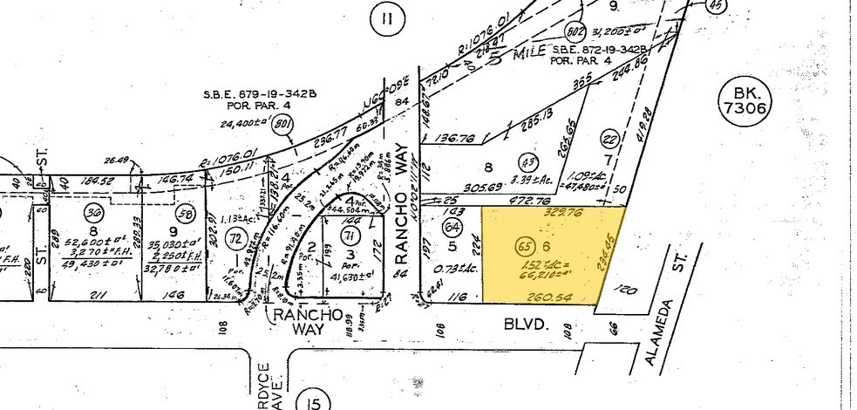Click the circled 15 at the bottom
tap(313, 400)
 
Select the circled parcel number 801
tap(282, 125)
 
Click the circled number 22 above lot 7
tap(611, 138)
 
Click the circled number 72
tap(234, 237)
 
